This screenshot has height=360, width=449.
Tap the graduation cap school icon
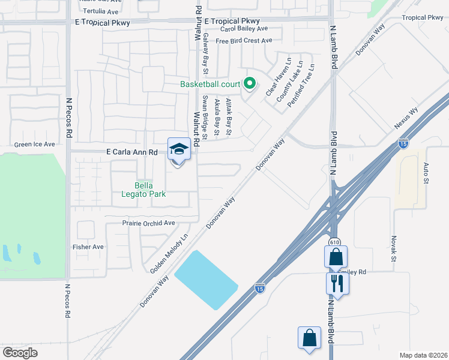pyautogui.click(x=179, y=148)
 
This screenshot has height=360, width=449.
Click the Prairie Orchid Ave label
pyautogui.click(x=140, y=223)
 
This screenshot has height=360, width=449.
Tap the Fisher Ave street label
pyautogui.click(x=88, y=247)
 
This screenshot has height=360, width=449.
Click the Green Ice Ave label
pyautogui.click(x=34, y=145)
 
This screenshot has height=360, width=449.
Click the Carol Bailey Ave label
pyautogui.click(x=244, y=29)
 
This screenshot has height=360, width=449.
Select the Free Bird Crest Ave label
pyautogui.click(x=244, y=41)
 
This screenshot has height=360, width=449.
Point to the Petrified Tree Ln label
pyautogui.click(x=300, y=86)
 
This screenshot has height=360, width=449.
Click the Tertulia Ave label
pyautogui.click(x=100, y=11)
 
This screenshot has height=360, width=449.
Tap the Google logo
pyautogui.click(x=20, y=353)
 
